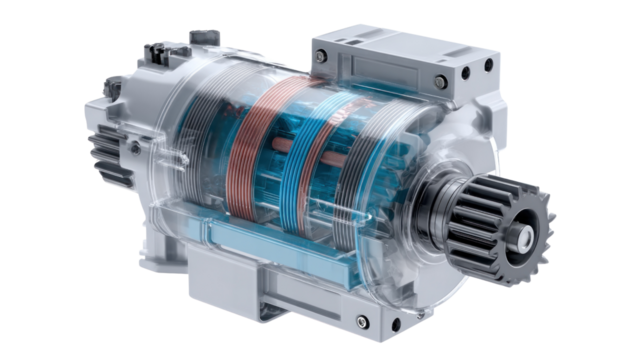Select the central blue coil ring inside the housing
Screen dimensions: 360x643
pos(290,165)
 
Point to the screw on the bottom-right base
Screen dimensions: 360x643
pos(362,321)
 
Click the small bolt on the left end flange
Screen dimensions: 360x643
pos(132,147)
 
